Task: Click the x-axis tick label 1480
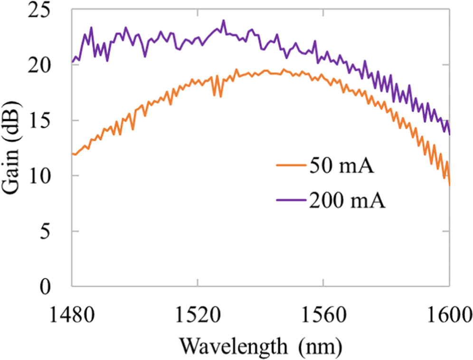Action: [x=72, y=313]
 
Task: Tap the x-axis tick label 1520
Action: [x=197, y=313]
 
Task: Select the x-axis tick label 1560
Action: [x=323, y=313]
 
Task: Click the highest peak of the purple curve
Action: [x=223, y=20]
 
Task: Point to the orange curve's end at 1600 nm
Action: [x=449, y=185]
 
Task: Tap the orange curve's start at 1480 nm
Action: [x=72, y=153]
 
